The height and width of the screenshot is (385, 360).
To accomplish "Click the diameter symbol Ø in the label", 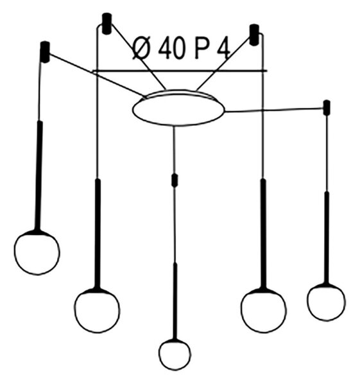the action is tap(141, 49).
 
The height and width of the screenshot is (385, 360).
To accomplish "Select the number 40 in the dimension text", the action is tap(171, 49).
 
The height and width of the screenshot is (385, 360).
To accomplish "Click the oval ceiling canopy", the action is tap(178, 108).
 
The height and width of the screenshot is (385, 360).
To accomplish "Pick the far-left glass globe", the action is tap(37, 252).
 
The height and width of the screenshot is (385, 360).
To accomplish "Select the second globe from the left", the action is tap(97, 311).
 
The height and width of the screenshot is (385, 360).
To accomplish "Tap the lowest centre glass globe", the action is tap(175, 354).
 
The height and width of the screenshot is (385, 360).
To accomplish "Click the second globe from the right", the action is tap(264, 310).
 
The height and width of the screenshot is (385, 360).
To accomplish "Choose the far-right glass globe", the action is tap(327, 302).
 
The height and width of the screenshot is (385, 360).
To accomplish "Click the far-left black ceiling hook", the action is tap(45, 52).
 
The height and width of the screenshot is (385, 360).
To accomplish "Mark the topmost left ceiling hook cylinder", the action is tap(107, 24).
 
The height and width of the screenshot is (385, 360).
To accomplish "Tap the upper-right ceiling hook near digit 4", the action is tap(254, 35).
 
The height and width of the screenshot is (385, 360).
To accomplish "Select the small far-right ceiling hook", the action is tap(327, 108).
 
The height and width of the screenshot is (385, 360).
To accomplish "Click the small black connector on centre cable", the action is tap(175, 180).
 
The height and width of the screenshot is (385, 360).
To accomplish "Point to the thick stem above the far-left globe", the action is tap(39, 176).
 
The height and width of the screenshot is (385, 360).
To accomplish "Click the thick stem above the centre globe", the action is tap(175, 301).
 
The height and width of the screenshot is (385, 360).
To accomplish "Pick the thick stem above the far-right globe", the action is tap(327, 237).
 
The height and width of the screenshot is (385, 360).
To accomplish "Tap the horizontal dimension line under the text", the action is tap(180, 71).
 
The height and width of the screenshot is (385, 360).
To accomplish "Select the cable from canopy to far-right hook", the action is tap(274, 110).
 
